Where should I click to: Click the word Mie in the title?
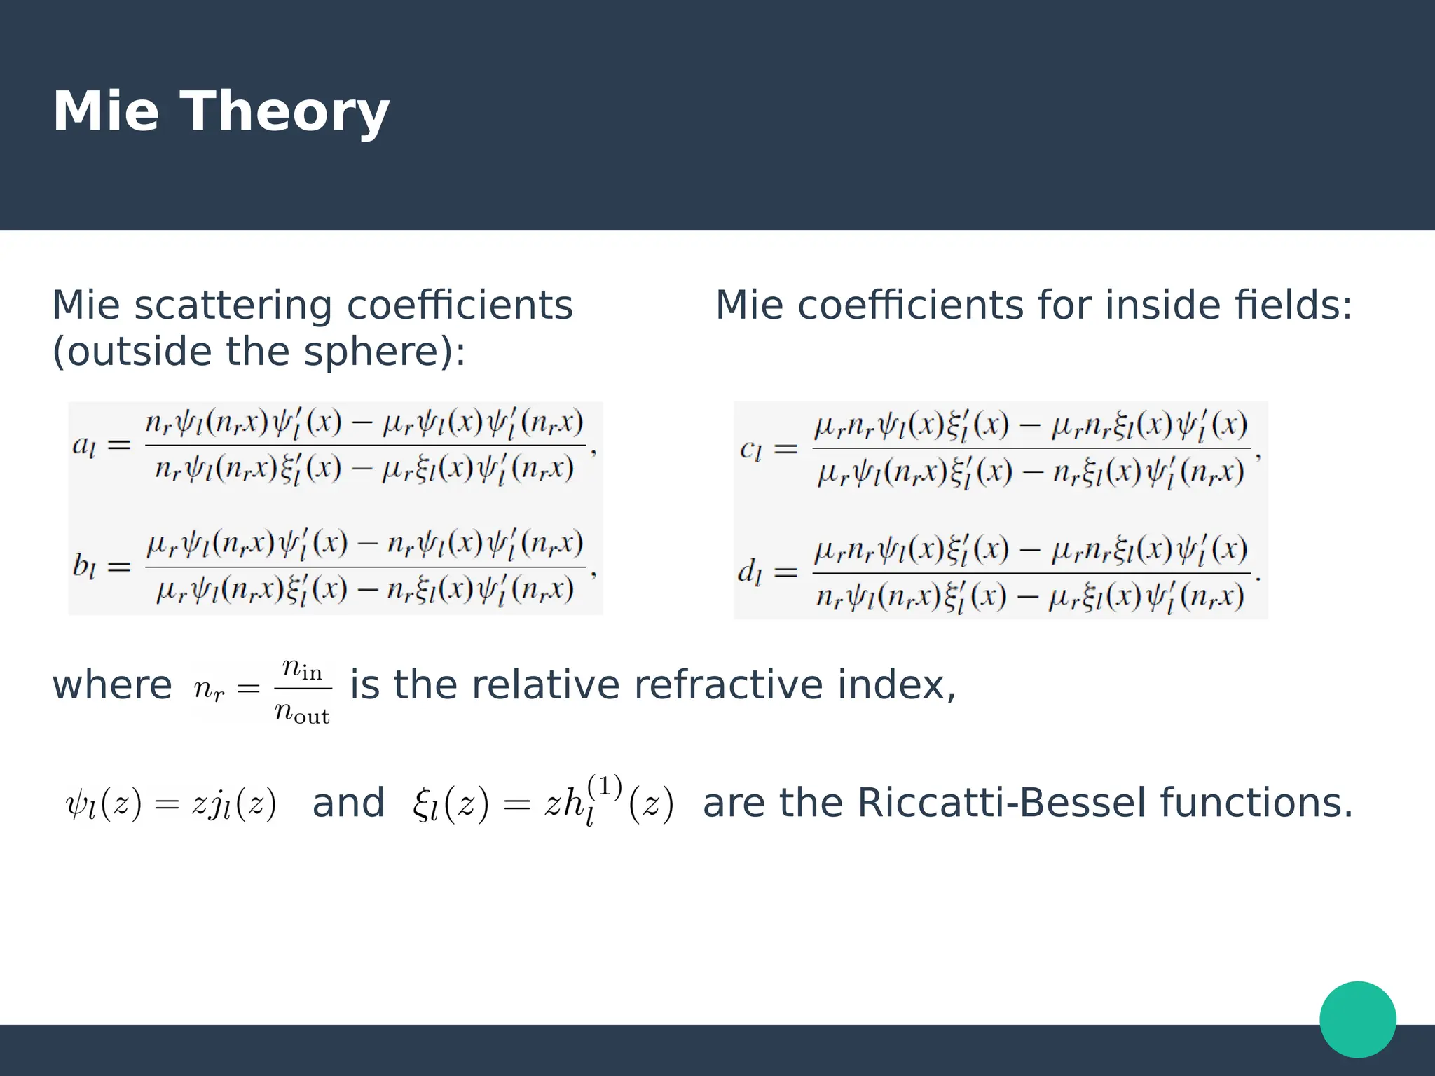[105, 112]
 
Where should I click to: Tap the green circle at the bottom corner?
[1357, 1019]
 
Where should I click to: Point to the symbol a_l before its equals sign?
[83, 446]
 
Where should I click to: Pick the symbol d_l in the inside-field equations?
[749, 572]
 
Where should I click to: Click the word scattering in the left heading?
[233, 306]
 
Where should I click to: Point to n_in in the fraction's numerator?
[302, 668]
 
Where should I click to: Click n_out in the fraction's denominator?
[302, 712]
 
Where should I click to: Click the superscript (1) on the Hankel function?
[604, 787]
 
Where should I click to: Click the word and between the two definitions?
[348, 803]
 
